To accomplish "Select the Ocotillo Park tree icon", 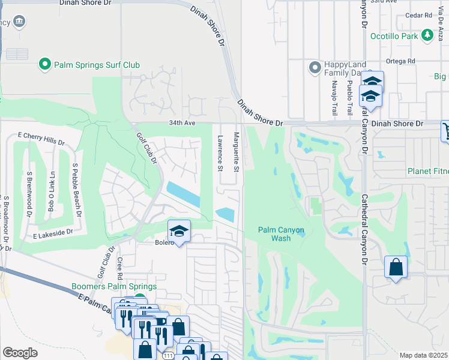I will pos(427,35).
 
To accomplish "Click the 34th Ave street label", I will pos(182,123).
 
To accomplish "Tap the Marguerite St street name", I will pos(237,151).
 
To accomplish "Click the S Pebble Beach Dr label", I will pos(76,184).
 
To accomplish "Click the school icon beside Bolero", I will pos(179,232).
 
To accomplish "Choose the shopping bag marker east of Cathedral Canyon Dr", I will pos(396,268).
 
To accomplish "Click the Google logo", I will pos(20,353).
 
